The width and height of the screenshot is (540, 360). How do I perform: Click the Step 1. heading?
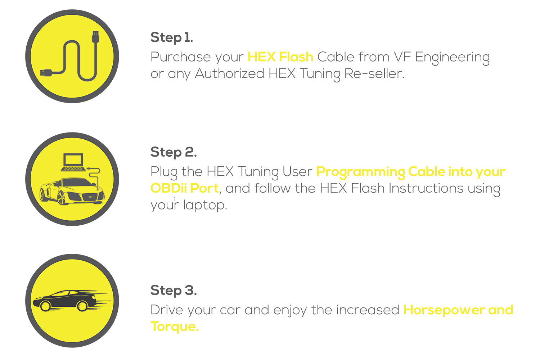172,37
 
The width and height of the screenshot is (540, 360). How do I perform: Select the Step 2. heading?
174,152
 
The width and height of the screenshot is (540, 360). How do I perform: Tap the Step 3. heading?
174,290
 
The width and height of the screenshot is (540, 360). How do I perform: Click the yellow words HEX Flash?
280,57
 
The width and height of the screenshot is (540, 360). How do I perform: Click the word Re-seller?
374,73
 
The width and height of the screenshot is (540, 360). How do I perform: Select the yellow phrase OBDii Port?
185,188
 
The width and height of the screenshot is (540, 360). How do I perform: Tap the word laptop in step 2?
205,205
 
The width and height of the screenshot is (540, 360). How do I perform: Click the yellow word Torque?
175,327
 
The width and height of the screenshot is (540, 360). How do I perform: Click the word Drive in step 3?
167,310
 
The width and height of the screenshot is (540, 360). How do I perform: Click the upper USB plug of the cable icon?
95,37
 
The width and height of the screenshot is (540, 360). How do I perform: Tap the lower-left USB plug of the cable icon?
46,73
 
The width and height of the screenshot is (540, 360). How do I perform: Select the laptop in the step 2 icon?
73,162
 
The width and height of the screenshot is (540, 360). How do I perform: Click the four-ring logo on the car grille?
90,197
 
